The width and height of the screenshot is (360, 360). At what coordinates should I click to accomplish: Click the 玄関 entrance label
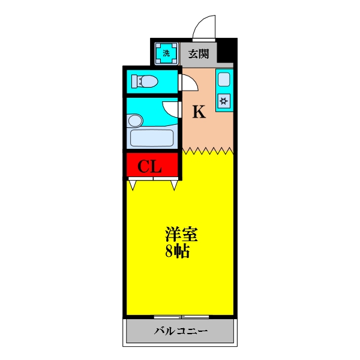coord(199,53)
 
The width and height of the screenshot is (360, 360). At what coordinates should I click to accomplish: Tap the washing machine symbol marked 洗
coord(166,53)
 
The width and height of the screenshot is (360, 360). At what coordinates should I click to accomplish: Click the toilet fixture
coord(145,81)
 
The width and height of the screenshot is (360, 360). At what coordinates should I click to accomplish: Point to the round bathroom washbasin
coord(135,121)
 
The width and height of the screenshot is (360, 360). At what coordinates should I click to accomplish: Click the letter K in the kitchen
coord(199,112)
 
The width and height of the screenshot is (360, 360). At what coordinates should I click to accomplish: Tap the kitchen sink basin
coord(224,79)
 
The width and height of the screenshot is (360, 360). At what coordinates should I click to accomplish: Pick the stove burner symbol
coord(224,100)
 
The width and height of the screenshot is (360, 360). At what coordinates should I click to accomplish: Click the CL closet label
coord(151,166)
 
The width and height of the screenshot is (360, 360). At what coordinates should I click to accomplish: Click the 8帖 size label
coord(178,251)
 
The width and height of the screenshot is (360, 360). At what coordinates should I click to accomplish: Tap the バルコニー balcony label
coord(181,331)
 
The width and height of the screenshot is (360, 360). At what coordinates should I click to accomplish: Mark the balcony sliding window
coord(181,316)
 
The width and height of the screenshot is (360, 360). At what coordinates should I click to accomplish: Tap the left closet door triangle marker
coord(132,185)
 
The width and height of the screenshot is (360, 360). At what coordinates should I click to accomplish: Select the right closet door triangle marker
coord(174,185)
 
